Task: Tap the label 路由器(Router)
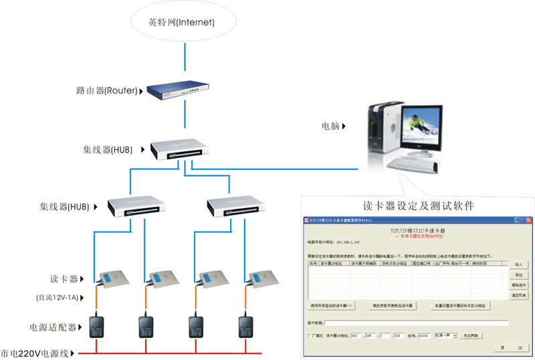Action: (107, 90)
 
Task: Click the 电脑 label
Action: (332, 125)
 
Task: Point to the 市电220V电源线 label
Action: (36, 353)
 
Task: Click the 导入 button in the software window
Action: (518, 265)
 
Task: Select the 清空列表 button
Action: (518, 295)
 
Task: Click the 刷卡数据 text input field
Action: (415, 323)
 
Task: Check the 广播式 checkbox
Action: (309, 335)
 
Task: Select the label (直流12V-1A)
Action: (58, 296)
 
